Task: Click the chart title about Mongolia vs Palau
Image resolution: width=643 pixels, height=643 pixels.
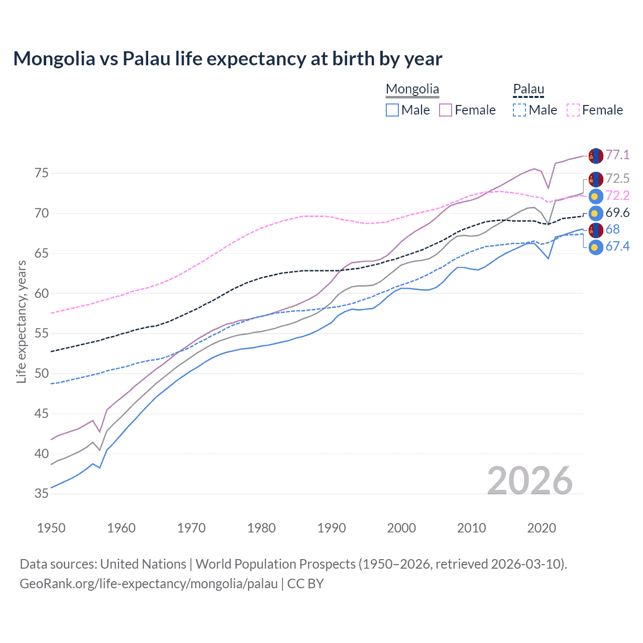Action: point(228,59)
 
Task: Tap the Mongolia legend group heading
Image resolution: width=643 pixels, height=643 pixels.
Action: point(412,89)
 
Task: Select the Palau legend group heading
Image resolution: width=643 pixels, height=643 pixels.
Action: point(528,89)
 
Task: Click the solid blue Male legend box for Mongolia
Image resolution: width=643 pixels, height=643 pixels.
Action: point(392,110)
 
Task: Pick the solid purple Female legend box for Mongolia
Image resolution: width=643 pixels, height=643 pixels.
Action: point(446,110)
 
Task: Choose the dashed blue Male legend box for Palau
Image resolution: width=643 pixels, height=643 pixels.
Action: point(519,110)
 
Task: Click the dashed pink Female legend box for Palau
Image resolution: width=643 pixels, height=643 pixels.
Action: point(573,110)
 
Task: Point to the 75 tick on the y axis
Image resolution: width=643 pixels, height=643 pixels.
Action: point(42,173)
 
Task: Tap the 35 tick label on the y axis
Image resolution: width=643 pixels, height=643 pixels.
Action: point(42,494)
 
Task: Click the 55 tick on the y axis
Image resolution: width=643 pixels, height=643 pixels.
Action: point(42,334)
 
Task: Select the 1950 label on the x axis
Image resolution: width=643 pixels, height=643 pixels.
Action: point(51,528)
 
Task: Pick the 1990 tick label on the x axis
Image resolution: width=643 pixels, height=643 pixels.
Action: point(332,528)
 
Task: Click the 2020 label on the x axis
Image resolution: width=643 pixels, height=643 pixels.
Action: point(542,528)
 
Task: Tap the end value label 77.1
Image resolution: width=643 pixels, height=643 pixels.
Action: point(617,155)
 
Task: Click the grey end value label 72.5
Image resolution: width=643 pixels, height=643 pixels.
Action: point(617,178)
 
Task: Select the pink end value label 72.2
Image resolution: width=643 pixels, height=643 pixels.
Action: point(617,195)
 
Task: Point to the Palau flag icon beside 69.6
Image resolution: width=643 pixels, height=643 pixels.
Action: point(595,213)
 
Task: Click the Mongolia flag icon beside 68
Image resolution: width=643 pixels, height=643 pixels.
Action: point(595,230)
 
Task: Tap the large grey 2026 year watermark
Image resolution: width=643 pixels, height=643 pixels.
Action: point(529,481)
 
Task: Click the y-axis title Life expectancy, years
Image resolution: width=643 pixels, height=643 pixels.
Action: point(21,321)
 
